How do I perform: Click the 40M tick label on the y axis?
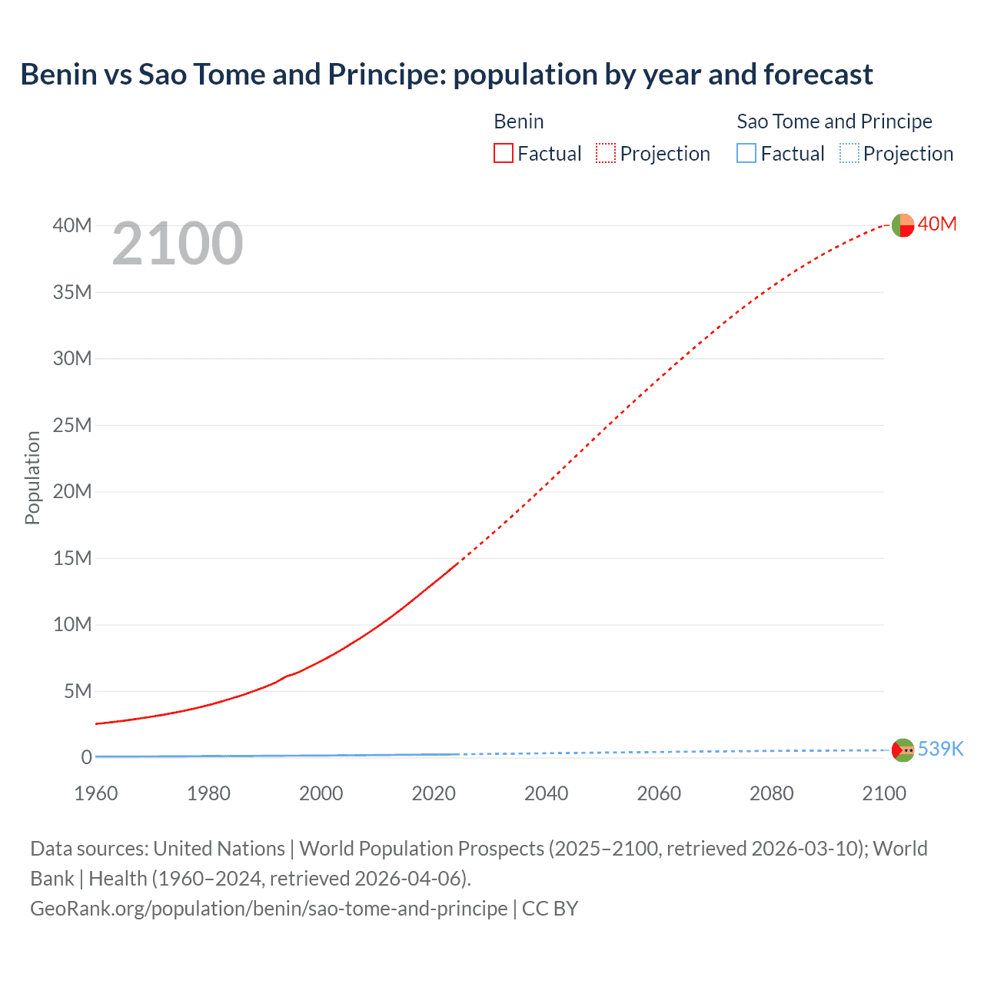(x=72, y=225)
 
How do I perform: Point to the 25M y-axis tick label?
(x=72, y=425)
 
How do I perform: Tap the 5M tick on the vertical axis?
(x=77, y=691)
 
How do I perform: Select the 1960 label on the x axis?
(x=96, y=793)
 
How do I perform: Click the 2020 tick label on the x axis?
(x=434, y=793)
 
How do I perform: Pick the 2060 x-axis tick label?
(x=659, y=793)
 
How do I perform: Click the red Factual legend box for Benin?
(x=504, y=154)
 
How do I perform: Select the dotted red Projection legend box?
(x=606, y=154)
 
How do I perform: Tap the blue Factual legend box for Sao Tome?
(x=746, y=154)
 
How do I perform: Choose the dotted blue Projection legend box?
(x=849, y=154)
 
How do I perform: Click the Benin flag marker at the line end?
(x=903, y=225)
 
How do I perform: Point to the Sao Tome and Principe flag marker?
(x=903, y=750)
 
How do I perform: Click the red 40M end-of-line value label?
(x=937, y=224)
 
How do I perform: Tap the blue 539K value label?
(x=941, y=749)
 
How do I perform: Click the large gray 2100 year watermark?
(x=178, y=244)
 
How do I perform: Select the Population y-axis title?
(x=32, y=477)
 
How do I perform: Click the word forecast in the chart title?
(x=818, y=75)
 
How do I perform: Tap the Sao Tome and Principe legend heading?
(x=834, y=121)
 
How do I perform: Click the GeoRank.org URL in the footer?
(x=268, y=908)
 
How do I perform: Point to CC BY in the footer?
(x=550, y=908)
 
